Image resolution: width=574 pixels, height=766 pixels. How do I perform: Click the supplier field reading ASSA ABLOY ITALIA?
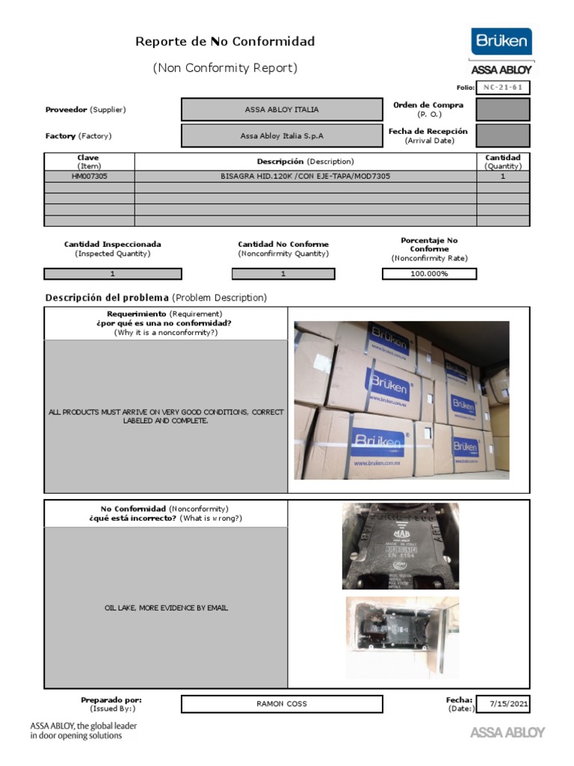(282, 109)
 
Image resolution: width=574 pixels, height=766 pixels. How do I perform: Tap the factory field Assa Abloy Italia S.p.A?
(282, 136)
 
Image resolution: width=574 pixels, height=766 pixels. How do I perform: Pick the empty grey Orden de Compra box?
(503, 109)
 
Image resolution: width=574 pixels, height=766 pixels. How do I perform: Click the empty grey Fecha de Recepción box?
(503, 135)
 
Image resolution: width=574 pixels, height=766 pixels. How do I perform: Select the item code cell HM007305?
(89, 177)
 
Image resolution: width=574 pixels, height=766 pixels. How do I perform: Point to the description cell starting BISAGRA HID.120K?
(305, 177)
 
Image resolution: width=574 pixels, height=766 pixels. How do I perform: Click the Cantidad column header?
(503, 162)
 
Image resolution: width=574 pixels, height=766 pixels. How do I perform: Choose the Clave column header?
(88, 162)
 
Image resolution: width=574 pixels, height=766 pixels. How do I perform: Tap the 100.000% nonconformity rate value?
(429, 274)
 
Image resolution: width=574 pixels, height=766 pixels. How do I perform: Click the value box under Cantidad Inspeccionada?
(112, 274)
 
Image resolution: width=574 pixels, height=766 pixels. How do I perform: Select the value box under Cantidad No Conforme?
(283, 274)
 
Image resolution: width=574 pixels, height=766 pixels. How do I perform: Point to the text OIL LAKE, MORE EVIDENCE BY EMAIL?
(166, 608)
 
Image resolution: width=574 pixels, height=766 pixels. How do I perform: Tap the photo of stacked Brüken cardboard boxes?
(401, 400)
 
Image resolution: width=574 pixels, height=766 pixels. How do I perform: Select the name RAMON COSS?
(282, 704)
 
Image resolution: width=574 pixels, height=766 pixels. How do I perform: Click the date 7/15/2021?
(508, 704)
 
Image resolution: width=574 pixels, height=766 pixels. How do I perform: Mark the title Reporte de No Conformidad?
(225, 42)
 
